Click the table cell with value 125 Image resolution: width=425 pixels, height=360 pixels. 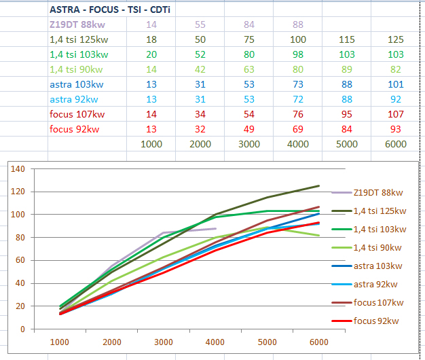point(395,40)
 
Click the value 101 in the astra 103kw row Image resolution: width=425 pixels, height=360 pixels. point(395,85)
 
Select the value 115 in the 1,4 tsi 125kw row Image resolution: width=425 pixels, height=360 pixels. point(346,40)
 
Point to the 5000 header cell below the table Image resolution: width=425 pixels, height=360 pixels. point(346,144)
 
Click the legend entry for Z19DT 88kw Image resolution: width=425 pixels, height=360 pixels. point(375,193)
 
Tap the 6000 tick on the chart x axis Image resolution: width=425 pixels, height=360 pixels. point(318,342)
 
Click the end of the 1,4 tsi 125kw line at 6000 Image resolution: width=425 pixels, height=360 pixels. point(318,185)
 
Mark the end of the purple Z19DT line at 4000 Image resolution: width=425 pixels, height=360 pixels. point(216,228)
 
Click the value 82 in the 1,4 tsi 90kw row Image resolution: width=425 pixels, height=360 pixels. point(395,70)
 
